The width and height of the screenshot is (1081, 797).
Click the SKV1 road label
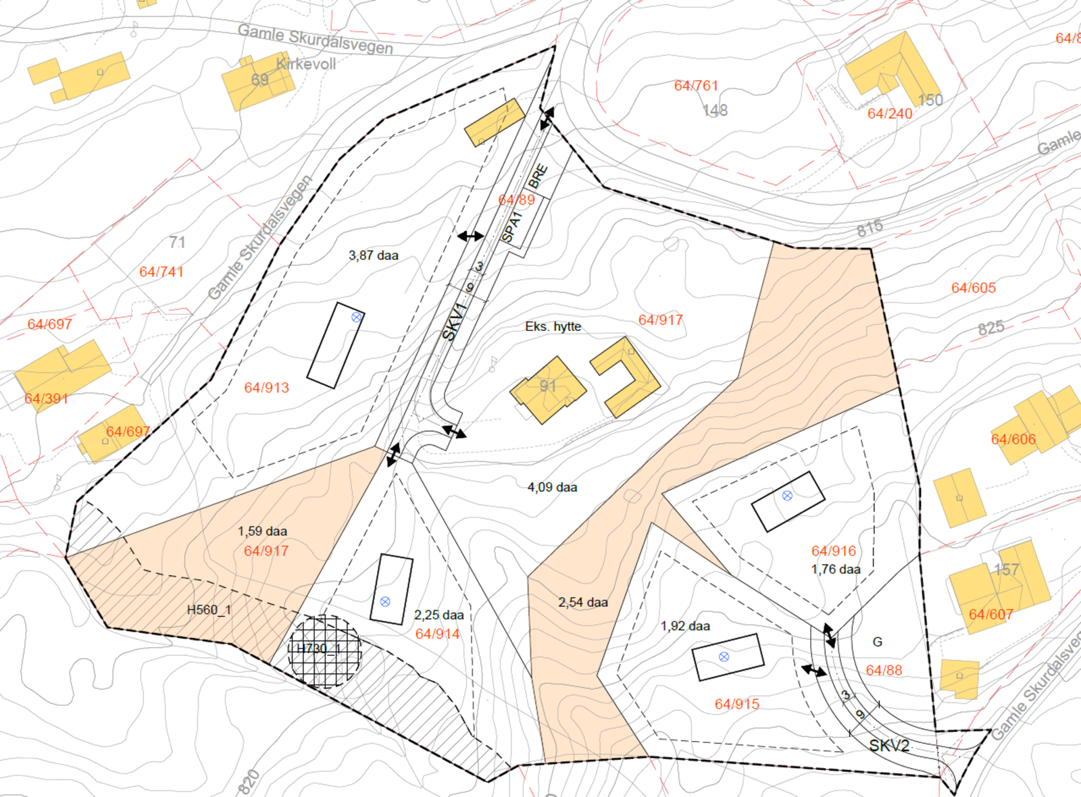[x=455, y=322]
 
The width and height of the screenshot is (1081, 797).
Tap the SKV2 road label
[x=889, y=746]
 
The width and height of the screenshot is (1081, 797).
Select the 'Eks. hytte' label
[x=553, y=326]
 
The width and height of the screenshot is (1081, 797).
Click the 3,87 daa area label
[x=374, y=255]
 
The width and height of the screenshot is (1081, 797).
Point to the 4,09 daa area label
[x=552, y=487]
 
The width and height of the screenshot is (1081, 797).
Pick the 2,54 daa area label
[x=583, y=602]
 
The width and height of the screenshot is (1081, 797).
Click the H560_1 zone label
[x=209, y=610]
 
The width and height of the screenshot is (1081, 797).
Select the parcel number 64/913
[x=266, y=388]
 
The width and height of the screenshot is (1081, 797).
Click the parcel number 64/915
[x=737, y=704]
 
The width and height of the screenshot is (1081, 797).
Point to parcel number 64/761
[x=696, y=86]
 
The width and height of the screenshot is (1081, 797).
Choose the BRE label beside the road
[x=538, y=176]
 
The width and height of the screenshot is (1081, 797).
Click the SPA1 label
[x=512, y=227]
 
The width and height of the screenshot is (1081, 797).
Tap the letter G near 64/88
[x=877, y=642]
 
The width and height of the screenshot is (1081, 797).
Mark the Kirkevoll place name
[x=306, y=64]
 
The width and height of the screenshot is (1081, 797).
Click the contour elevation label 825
[x=990, y=328]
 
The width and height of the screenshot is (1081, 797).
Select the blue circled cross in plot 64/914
[x=385, y=601]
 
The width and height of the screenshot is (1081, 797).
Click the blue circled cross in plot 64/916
[x=787, y=496]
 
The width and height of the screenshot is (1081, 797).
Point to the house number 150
[x=930, y=100]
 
